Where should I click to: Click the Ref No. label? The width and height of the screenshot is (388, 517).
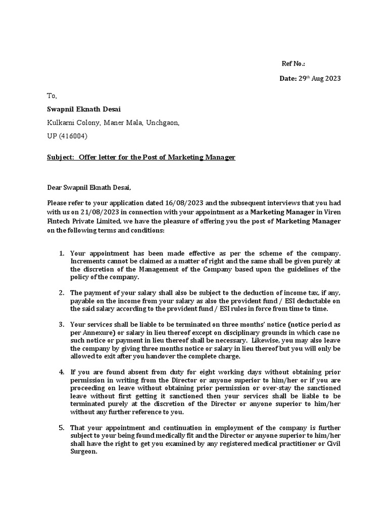click(293, 64)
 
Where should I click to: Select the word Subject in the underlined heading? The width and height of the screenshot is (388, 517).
click(61, 158)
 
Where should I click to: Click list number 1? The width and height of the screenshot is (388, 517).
click(61, 253)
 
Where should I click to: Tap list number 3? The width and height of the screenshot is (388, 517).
click(61, 324)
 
